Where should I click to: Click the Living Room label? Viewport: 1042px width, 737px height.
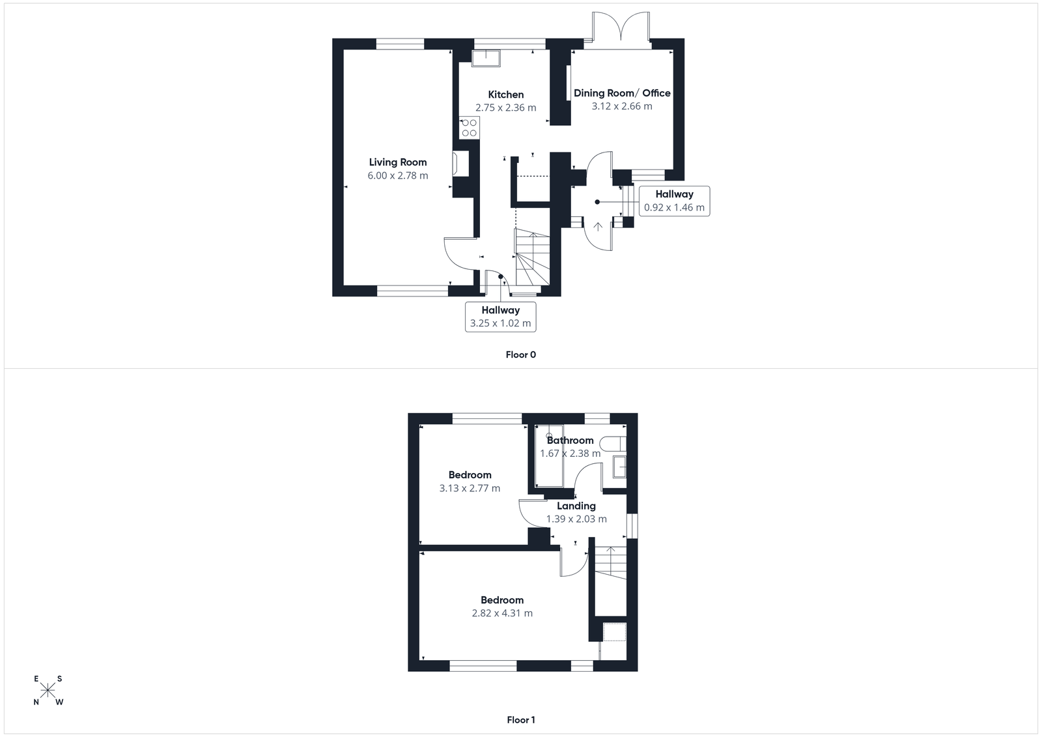pos(398,162)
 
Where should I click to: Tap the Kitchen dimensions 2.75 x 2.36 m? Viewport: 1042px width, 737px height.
pos(506,108)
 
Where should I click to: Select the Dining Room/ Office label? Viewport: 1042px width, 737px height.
pos(622,93)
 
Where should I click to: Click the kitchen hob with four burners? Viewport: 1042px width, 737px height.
pos(469,128)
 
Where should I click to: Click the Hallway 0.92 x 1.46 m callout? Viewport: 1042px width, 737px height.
pos(674,201)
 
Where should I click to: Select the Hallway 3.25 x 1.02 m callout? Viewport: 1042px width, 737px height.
pos(500,317)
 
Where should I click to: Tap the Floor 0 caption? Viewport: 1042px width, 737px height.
pos(520,355)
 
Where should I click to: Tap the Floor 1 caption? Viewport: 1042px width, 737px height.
pos(520,720)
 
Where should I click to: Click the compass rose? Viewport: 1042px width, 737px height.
pos(48,690)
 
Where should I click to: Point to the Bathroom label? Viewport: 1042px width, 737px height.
pos(570,441)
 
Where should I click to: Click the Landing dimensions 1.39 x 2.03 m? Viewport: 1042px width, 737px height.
pos(576,519)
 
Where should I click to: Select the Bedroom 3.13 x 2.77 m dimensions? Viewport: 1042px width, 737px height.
pos(470,488)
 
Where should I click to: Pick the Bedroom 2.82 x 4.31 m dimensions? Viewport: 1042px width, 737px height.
pos(502,613)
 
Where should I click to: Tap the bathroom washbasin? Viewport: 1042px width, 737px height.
pos(619,467)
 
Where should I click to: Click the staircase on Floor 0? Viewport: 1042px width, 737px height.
pos(533,257)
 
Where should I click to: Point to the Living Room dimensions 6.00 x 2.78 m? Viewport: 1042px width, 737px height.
pos(398,175)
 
